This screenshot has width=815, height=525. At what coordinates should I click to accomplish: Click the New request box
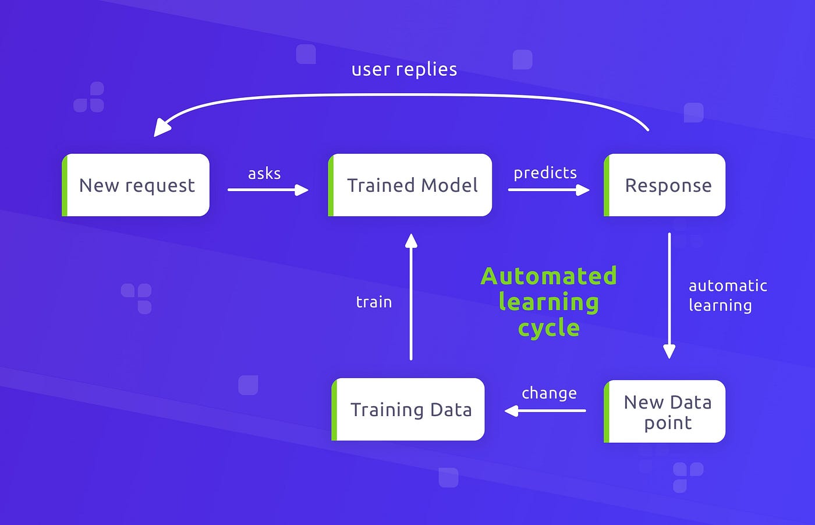click(x=136, y=185)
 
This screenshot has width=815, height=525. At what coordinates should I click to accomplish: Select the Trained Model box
click(x=410, y=185)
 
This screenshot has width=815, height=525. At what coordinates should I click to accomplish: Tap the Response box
click(x=665, y=185)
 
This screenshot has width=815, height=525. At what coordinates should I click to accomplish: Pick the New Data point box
click(x=665, y=411)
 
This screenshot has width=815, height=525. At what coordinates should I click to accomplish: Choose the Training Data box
click(x=409, y=410)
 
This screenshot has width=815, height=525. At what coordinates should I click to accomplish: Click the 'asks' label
click(x=264, y=174)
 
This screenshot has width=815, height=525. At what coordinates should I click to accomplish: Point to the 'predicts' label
click(x=545, y=173)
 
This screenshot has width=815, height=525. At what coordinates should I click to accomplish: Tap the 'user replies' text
click(x=404, y=69)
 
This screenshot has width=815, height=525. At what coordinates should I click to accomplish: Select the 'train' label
click(x=374, y=302)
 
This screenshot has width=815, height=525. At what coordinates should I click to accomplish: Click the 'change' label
click(x=549, y=393)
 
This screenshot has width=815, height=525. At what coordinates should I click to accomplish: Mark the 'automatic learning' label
click(x=727, y=295)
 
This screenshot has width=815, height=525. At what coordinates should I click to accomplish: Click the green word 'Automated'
click(x=548, y=276)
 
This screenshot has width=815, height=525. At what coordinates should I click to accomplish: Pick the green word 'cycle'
click(x=548, y=328)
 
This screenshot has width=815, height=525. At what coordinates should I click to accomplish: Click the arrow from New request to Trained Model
click(x=268, y=189)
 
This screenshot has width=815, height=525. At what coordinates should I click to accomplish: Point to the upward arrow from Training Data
click(x=411, y=297)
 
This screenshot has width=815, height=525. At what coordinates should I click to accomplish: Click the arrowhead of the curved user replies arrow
click(x=162, y=128)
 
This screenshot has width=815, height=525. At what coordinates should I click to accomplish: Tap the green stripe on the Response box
click(x=607, y=185)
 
